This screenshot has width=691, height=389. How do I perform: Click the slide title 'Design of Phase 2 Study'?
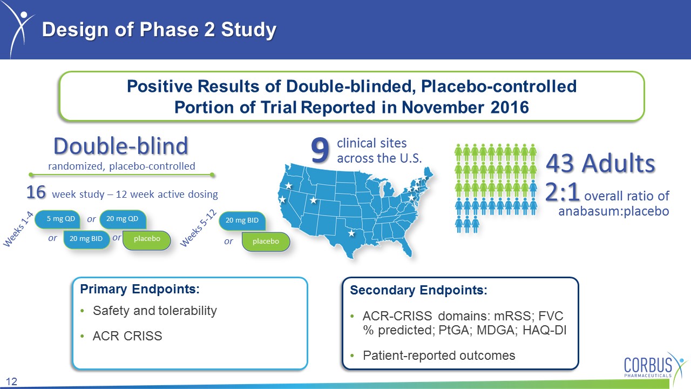pyautogui.click(x=159, y=30)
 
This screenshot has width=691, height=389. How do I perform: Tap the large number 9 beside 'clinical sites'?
pyautogui.click(x=320, y=150)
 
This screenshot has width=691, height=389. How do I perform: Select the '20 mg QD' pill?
pyautogui.click(x=123, y=219)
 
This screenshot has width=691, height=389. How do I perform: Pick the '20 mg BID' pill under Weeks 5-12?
pyautogui.click(x=242, y=221)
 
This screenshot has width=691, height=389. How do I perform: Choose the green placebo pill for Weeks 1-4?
pyautogui.click(x=147, y=239)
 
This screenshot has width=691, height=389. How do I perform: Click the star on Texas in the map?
pyautogui.click(x=351, y=233)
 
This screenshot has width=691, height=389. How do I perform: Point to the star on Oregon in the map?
pyautogui.click(x=288, y=185)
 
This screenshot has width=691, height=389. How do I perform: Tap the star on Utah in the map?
pyautogui.click(x=314, y=200)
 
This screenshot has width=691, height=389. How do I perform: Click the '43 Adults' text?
pyautogui.click(x=601, y=163)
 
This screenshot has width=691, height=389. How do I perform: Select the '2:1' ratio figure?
pyautogui.click(x=562, y=192)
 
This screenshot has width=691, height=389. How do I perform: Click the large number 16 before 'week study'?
pyautogui.click(x=36, y=192)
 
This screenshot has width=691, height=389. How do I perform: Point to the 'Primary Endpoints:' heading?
pyautogui.click(x=140, y=289)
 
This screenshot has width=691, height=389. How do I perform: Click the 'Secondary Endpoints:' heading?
pyautogui.click(x=418, y=290)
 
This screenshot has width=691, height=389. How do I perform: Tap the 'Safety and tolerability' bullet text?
pyautogui.click(x=155, y=311)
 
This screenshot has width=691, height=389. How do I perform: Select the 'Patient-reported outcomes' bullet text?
pyautogui.click(x=439, y=356)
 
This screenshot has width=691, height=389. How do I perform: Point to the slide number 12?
pyautogui.click(x=11, y=381)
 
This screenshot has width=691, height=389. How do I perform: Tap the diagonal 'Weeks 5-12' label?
pyautogui.click(x=199, y=228)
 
